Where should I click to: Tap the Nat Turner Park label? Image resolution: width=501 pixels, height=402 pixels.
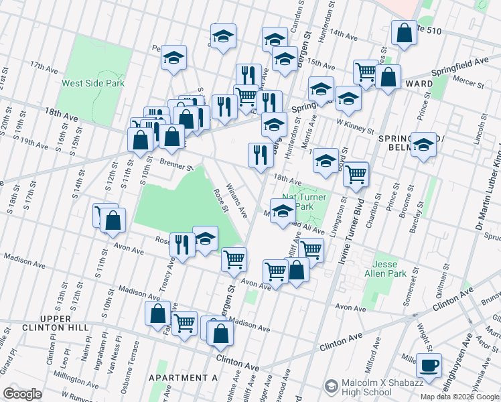299,202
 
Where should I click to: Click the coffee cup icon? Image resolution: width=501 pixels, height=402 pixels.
429,365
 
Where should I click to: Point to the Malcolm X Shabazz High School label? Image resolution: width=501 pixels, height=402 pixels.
373,386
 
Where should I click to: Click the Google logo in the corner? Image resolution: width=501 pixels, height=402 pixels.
22,394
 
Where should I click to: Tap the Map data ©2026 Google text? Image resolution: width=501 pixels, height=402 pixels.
460,397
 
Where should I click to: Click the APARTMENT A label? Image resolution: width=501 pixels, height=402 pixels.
184,378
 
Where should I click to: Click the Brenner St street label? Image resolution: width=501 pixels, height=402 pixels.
157,161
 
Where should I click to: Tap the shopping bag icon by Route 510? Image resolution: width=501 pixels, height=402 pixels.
405,33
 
